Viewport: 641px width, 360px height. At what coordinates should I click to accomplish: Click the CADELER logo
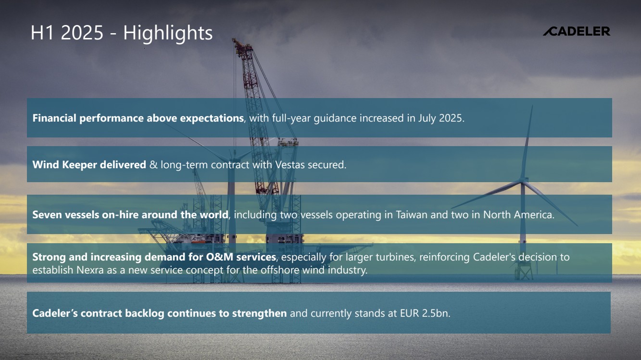[577, 31]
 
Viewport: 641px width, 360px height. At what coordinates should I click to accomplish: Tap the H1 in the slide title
[42, 33]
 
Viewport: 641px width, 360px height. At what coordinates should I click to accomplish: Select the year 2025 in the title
[82, 33]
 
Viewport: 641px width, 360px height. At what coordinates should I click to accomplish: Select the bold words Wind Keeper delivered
[89, 165]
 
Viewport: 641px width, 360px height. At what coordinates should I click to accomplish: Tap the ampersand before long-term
[153, 165]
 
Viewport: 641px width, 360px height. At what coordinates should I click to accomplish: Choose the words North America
[518, 215]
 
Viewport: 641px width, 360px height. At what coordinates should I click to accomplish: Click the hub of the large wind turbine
[523, 180]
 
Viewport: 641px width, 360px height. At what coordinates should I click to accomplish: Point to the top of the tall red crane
[234, 39]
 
